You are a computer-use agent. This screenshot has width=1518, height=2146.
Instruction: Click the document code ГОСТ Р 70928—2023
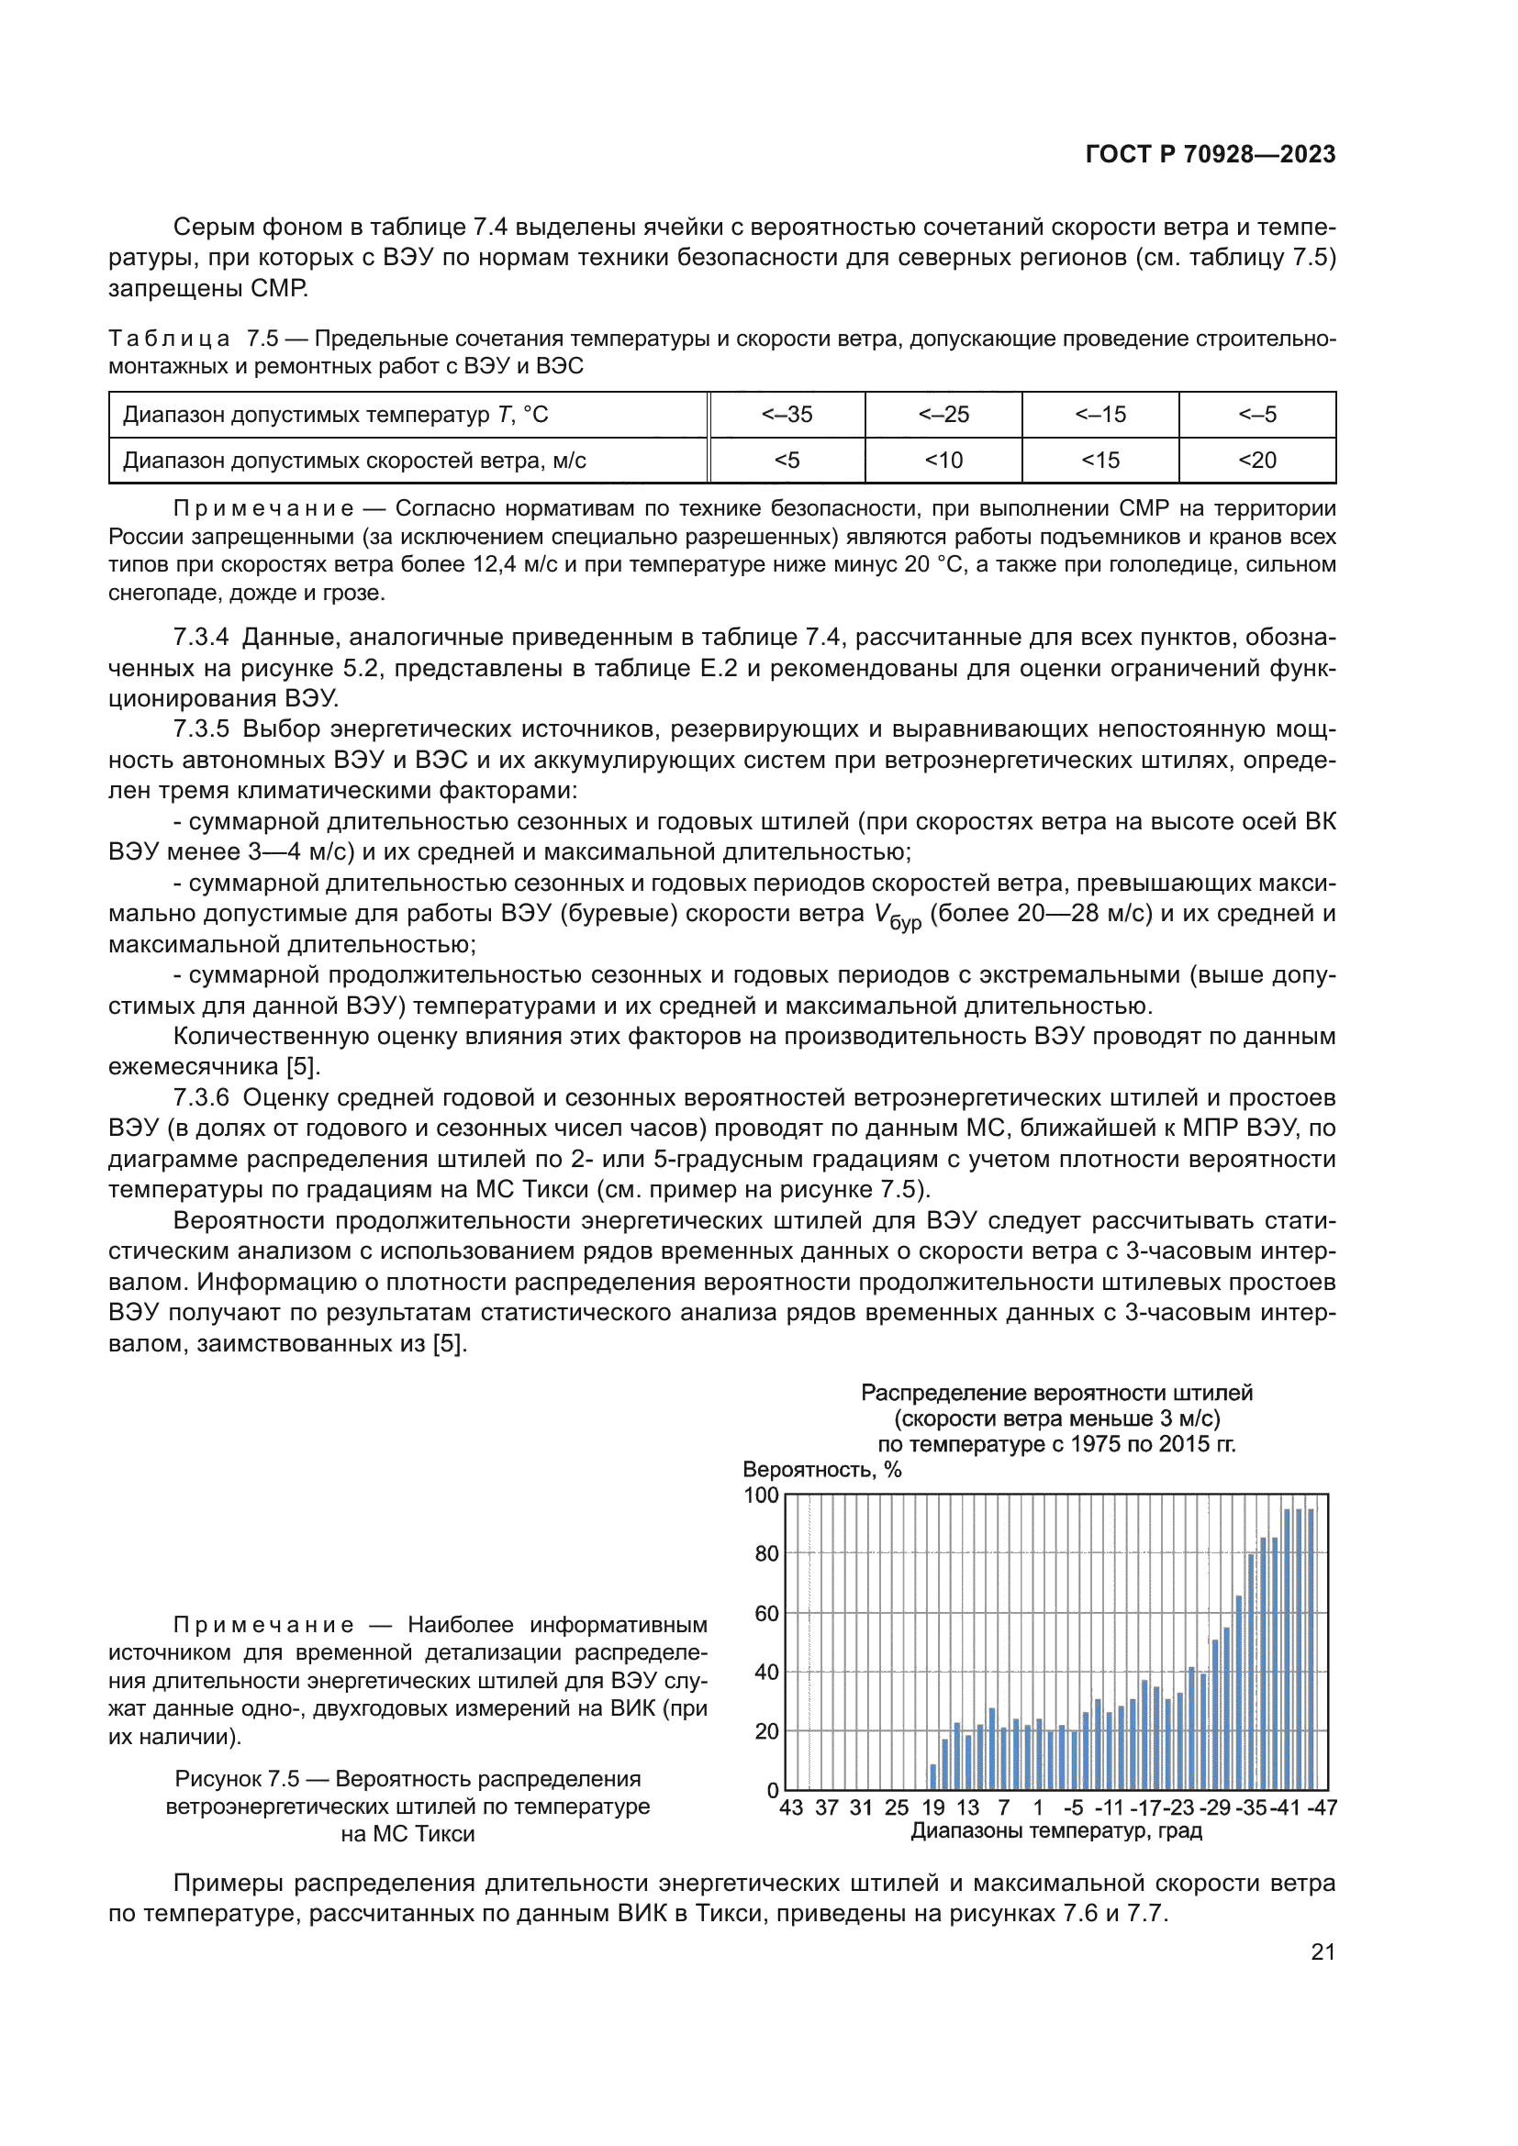click(1210, 154)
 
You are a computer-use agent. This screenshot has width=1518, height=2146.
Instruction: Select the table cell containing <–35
click(787, 414)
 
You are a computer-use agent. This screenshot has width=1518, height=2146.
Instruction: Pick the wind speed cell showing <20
click(1256, 460)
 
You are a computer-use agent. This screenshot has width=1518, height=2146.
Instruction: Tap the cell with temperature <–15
click(1099, 414)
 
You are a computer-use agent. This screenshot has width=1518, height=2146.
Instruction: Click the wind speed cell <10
click(943, 460)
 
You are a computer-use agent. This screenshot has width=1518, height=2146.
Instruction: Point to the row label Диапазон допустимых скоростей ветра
click(354, 460)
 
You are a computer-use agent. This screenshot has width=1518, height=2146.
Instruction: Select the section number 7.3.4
click(201, 638)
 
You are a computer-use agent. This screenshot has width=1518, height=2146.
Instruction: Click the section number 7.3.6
click(201, 1097)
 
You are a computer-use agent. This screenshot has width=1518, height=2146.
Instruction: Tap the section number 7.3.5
click(201, 729)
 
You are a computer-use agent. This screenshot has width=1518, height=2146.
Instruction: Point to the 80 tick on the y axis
click(765, 1553)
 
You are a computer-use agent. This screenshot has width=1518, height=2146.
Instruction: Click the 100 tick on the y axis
click(761, 1496)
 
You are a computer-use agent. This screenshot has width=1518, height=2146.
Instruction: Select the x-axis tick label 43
click(791, 1807)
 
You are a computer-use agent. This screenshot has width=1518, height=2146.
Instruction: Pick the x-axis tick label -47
click(1322, 1807)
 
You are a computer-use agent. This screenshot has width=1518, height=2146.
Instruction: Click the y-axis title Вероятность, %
click(821, 1469)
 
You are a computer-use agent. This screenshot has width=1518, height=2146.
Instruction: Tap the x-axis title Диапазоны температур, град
click(1056, 1831)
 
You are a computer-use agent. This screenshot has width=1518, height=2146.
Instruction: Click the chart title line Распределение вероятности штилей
click(1056, 1393)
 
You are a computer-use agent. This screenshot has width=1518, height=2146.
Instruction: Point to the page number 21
click(1323, 1951)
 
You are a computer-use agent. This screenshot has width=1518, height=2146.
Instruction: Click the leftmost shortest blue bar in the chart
click(932, 1778)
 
